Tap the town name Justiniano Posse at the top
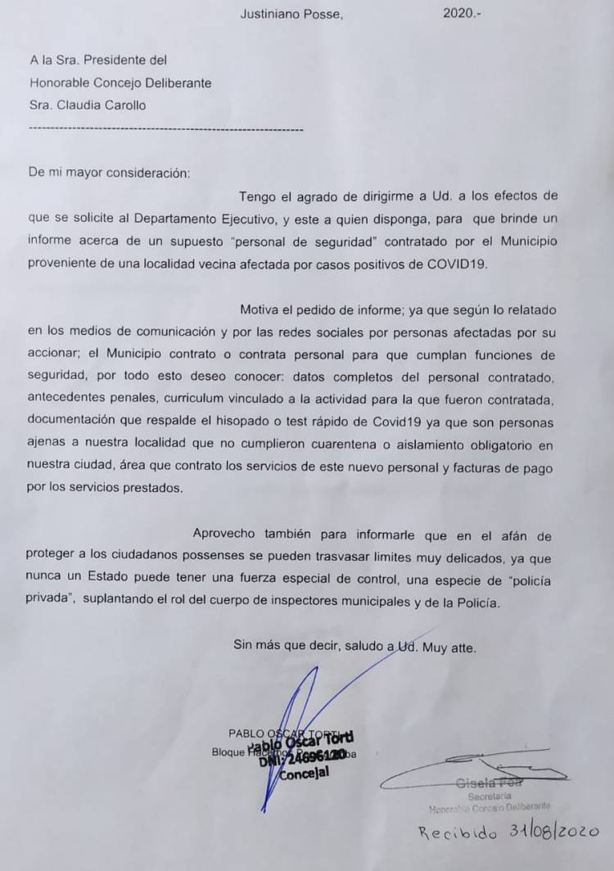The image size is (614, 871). click(291, 14)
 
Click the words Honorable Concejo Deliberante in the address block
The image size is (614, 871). click(120, 83)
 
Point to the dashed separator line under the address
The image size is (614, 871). click(165, 129)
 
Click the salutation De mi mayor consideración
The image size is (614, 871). click(110, 173)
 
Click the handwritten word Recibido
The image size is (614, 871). click(457, 834)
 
